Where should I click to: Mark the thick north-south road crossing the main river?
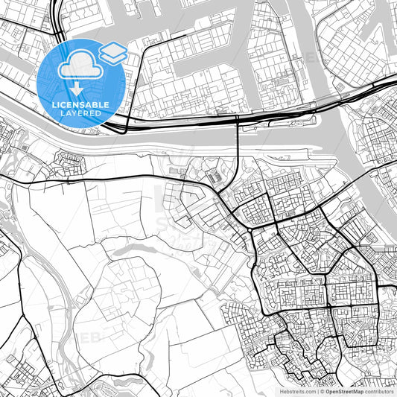(238, 138)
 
